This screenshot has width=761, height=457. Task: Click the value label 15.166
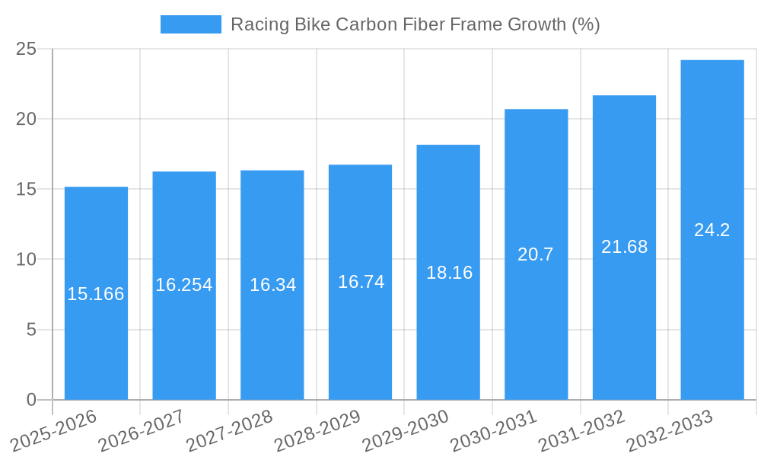point(96,294)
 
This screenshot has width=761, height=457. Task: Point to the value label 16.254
point(184,285)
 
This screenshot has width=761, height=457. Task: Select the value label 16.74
point(361,282)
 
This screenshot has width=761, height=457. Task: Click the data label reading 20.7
point(536,254)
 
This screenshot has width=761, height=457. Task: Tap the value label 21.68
point(624,247)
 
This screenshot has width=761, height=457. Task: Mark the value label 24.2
point(712,230)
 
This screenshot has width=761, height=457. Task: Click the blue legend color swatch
point(190,24)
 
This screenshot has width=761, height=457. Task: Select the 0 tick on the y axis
point(31,400)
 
